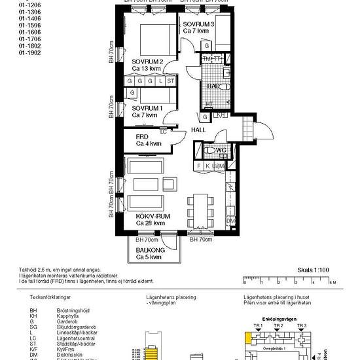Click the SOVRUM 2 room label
(x=147, y=62)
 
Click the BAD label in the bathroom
(x=212, y=86)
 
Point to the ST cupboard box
(x=171, y=81)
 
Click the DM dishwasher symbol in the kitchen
(x=230, y=222)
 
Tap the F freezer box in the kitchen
(x=198, y=166)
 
